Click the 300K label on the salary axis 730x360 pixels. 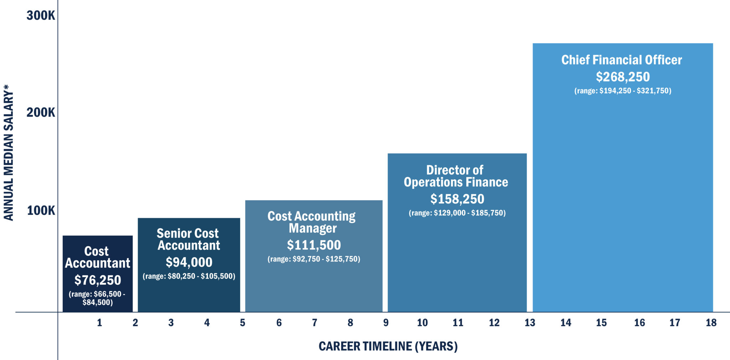41,15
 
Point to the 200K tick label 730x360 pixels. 41,112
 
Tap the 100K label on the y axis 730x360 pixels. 41,210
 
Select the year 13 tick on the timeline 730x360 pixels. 530,323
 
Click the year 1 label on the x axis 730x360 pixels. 99,323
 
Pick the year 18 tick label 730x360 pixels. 711,323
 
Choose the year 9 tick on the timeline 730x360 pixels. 386,323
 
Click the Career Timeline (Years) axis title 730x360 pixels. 388,346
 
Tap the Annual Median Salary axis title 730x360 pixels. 9,153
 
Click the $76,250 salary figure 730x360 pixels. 98,280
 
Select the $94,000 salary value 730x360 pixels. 189,262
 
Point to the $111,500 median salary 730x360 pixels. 314,245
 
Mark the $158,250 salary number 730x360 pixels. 457,199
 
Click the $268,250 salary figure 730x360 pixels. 623,77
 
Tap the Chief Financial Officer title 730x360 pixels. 622,60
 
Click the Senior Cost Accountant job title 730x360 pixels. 188,239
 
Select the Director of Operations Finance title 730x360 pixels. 456,176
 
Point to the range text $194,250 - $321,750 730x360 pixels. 623,91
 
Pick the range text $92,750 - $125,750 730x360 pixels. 314,259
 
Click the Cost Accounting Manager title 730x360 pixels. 312,222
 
